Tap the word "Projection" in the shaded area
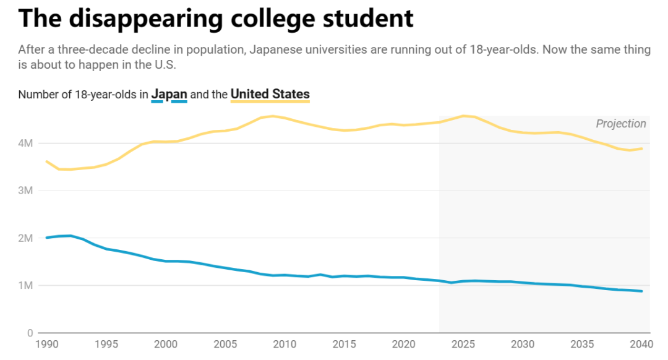pos(621,124)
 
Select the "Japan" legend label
pos(169,94)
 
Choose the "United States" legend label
pos(270,94)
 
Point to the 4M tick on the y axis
pos(25,144)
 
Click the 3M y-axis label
pos(25,191)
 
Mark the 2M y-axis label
pos(25,238)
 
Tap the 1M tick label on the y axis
pos(25,286)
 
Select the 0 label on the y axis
pos(29,333)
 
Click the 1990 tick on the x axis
pos(46,345)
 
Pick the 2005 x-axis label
pos(225,345)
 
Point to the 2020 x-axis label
pos(404,345)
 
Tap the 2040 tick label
pos(641,345)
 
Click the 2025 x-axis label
pos(463,345)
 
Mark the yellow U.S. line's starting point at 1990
pos(46,161)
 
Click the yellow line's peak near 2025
pos(463,116)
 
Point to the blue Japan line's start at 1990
pos(46,238)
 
